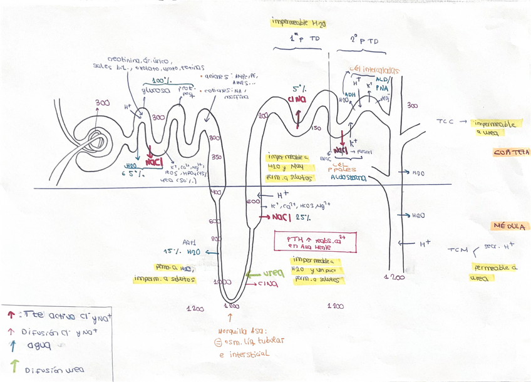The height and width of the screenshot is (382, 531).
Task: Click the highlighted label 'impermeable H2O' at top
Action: click(298, 23)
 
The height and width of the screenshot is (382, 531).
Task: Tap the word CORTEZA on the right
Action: click(511, 152)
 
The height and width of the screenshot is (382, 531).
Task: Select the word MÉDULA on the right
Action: click(510, 226)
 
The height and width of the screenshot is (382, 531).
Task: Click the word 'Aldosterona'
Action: click(349, 177)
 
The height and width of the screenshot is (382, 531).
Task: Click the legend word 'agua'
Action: click(39, 345)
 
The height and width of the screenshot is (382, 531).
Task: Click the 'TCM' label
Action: click(457, 250)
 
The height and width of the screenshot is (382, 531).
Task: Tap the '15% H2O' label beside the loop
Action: click(182, 252)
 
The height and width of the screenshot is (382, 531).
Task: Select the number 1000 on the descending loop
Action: click(222, 282)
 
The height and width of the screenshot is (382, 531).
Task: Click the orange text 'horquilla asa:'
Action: click(242, 330)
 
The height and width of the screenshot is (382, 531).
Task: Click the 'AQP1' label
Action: click(189, 241)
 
